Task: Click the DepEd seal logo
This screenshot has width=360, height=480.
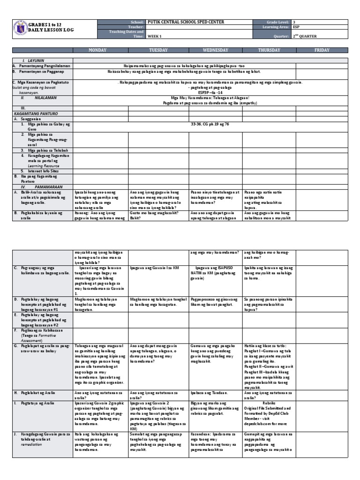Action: (19, 29)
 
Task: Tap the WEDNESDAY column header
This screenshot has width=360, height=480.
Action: (215, 50)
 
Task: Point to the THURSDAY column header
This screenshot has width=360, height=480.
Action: (269, 50)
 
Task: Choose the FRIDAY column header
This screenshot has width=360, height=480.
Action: (322, 50)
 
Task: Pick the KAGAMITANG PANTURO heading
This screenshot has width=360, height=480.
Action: (34, 113)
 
